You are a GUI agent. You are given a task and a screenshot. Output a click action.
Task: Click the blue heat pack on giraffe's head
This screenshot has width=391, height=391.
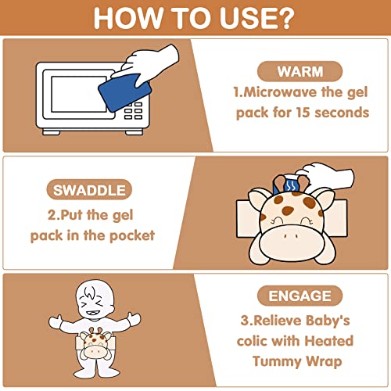(x=287, y=185)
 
